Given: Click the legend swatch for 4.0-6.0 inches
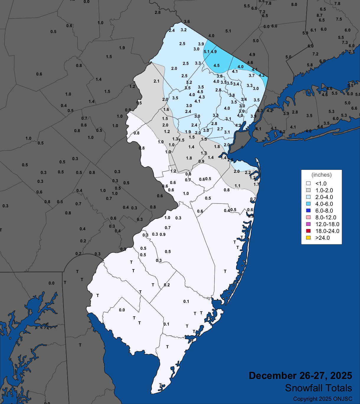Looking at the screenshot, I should pyautogui.click(x=308, y=204).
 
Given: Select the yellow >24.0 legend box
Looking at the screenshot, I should pyautogui.click(x=308, y=238).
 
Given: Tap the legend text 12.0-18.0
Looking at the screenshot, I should pyautogui.click(x=327, y=224).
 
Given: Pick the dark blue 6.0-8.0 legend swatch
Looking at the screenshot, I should pyautogui.click(x=308, y=211).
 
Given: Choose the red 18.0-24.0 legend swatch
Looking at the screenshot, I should pyautogui.click(x=308, y=231).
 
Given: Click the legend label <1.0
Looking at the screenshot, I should pyautogui.click(x=321, y=183).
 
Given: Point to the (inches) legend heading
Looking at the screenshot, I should pyautogui.click(x=321, y=175).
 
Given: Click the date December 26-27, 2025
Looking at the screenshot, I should pyautogui.click(x=300, y=375).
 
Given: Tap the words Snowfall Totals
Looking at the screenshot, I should pyautogui.click(x=318, y=388).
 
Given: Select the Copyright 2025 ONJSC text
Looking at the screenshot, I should pyautogui.click(x=323, y=399).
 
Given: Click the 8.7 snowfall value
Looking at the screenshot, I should pyautogui.click(x=320, y=15).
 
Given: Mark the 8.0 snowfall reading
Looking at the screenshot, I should pyautogui.click(x=294, y=4).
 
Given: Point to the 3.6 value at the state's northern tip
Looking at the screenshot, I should pyautogui.click(x=187, y=22).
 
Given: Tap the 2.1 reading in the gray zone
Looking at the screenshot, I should pyautogui.click(x=156, y=81).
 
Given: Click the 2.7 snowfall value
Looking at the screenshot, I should pyautogui.click(x=220, y=129).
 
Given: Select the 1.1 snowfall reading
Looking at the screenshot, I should pyautogui.click(x=238, y=186).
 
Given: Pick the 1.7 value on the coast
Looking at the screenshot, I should pyautogui.click(x=256, y=184).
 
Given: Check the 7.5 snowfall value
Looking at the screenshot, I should pyautogui.click(x=339, y=19).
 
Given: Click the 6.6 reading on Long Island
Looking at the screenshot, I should pyautogui.click(x=354, y=108).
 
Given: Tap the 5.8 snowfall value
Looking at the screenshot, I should pyautogui.click(x=310, y=65).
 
